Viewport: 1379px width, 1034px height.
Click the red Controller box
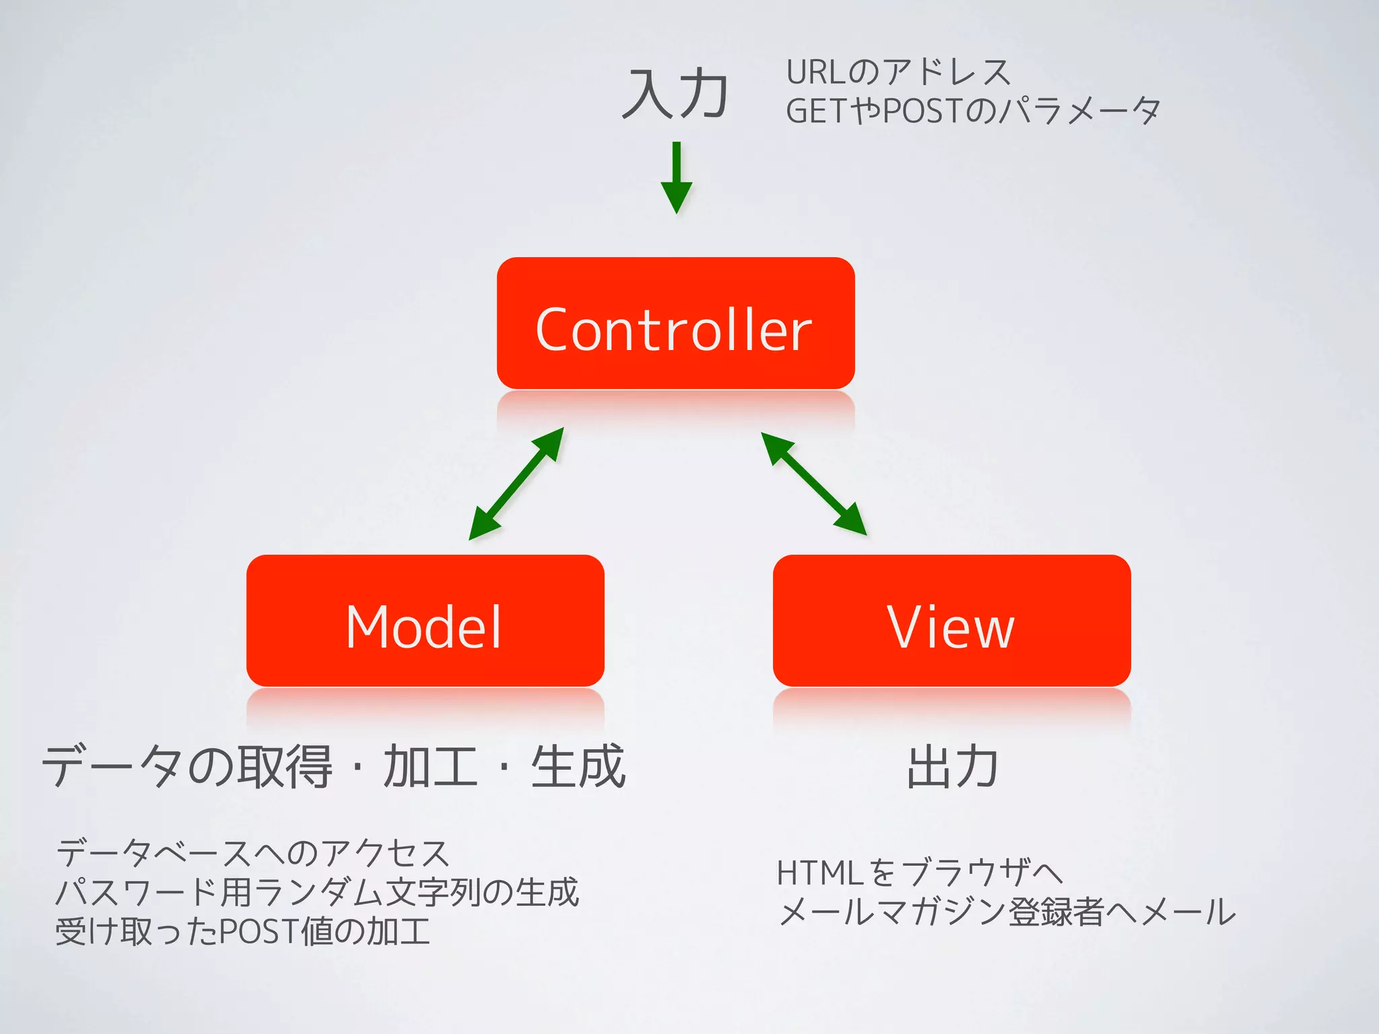675,323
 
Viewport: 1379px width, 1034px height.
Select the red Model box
425,621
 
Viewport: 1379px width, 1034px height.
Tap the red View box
951,621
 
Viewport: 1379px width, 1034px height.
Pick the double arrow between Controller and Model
516,483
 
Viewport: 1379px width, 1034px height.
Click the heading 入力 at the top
675,94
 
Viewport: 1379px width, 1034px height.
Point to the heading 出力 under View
952,767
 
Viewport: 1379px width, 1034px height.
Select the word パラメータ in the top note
1079,111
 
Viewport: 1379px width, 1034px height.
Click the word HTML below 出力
819,873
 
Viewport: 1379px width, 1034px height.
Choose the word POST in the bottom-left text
259,932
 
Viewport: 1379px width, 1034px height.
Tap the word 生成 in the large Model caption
578,767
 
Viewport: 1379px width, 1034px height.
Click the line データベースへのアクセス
253,854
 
